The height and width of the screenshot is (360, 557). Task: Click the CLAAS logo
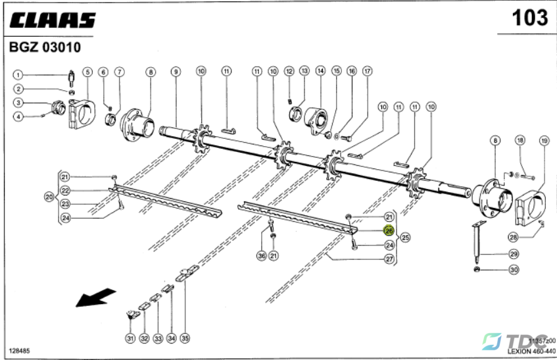pyautogui.click(x=52, y=20)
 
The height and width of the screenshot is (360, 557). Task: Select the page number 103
pyautogui.click(x=530, y=18)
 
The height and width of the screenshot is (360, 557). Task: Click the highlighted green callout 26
pyautogui.click(x=389, y=231)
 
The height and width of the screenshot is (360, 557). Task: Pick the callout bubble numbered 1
pyautogui.click(x=19, y=74)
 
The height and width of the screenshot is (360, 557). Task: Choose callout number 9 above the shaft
pyautogui.click(x=176, y=71)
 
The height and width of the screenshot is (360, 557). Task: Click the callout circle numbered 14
pyautogui.click(x=320, y=70)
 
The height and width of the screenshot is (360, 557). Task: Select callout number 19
pyautogui.click(x=544, y=140)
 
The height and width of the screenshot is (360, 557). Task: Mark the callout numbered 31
pyautogui.click(x=130, y=338)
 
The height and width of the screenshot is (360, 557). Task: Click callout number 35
pyautogui.click(x=185, y=338)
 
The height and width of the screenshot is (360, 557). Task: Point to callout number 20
pyautogui.click(x=49, y=196)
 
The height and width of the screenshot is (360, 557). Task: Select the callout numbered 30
pyautogui.click(x=514, y=269)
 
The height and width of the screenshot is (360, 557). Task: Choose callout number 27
pyautogui.click(x=389, y=259)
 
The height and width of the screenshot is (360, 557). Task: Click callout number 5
pyautogui.click(x=87, y=71)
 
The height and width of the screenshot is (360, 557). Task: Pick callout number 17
pyautogui.click(x=367, y=70)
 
